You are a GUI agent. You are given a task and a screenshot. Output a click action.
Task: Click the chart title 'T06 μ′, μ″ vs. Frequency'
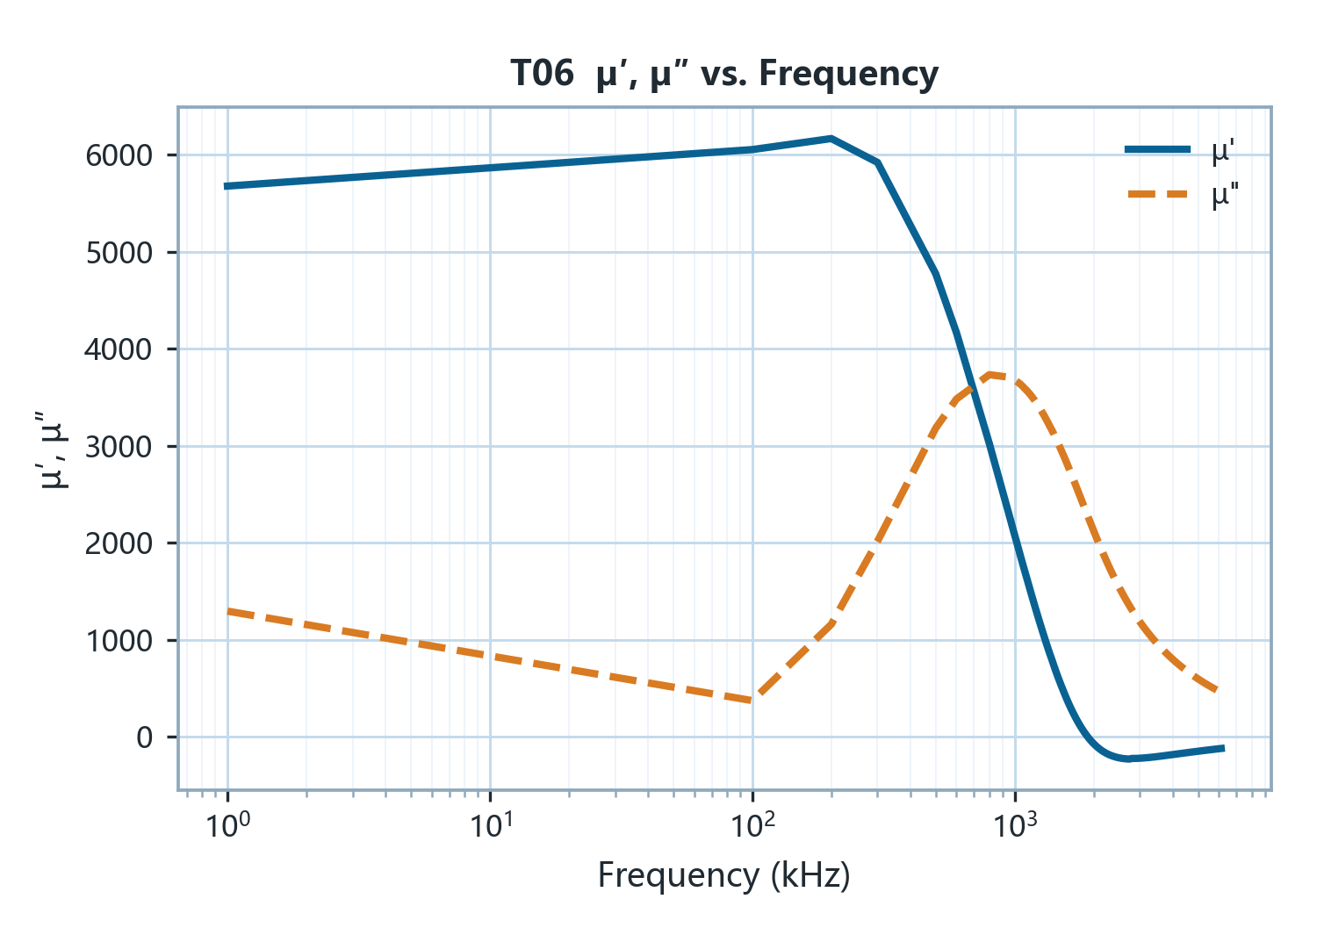(724, 75)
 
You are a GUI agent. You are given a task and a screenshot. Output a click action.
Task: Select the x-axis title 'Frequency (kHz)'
(724, 875)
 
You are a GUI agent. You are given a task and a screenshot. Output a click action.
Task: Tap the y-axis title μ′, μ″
(53, 450)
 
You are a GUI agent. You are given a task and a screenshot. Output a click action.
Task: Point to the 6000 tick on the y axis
(119, 156)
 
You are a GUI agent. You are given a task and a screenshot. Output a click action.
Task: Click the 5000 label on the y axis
(119, 253)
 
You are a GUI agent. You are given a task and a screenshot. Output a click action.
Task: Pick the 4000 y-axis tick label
(119, 349)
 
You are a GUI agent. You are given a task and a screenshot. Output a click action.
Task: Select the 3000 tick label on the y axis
(119, 447)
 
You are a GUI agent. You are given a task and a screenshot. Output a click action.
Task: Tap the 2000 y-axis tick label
(119, 543)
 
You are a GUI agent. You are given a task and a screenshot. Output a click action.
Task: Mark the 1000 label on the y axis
(119, 640)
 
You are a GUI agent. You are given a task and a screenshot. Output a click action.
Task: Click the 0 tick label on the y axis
(145, 737)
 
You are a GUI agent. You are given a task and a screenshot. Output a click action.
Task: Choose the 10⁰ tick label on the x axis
(227, 824)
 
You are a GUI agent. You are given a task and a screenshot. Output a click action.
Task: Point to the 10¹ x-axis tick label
(491, 824)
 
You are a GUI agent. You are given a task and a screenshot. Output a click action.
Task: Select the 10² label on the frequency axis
(753, 824)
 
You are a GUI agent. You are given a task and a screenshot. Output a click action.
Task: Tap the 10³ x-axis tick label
(1015, 824)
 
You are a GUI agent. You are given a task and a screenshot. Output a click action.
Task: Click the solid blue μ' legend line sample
(1158, 149)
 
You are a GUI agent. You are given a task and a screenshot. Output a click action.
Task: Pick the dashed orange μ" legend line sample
(1158, 194)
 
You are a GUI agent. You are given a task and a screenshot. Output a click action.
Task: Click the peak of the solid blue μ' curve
(831, 139)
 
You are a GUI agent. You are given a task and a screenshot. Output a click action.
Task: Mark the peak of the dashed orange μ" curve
(990, 375)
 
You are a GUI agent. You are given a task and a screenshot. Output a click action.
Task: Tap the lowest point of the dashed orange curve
(752, 701)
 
